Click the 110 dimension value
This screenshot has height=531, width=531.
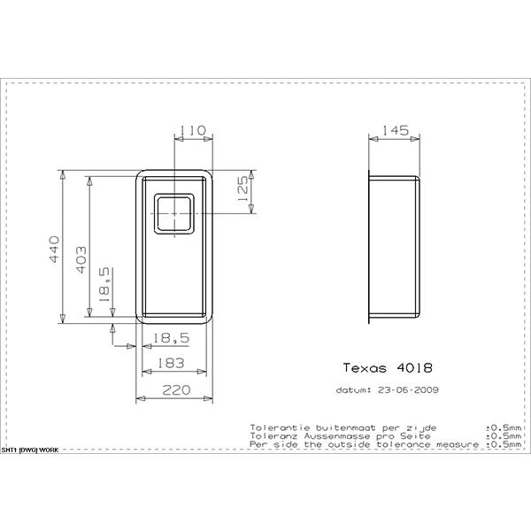click(x=192, y=130)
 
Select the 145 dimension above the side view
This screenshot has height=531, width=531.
click(x=396, y=130)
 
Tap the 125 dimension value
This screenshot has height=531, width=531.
click(x=243, y=189)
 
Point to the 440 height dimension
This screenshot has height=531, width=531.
click(x=54, y=250)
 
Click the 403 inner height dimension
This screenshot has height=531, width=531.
click(x=81, y=259)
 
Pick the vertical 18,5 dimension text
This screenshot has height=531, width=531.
click(x=104, y=285)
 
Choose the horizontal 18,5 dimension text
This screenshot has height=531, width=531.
click(x=171, y=338)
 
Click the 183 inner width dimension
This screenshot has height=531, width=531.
click(x=171, y=363)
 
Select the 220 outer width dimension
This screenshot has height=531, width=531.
click(x=176, y=390)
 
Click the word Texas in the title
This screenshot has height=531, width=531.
click(x=365, y=368)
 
